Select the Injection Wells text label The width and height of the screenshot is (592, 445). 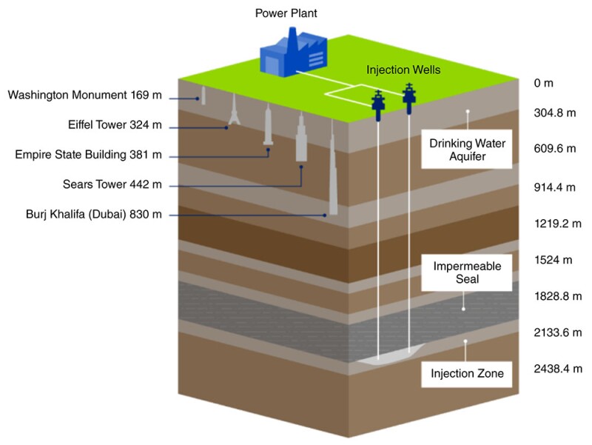coord(403,70)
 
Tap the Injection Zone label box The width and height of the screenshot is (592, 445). coord(468,373)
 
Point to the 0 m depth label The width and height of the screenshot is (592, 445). coord(543,84)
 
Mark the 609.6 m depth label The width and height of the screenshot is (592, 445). coord(554,148)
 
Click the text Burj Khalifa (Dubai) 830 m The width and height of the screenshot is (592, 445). coord(94,215)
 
